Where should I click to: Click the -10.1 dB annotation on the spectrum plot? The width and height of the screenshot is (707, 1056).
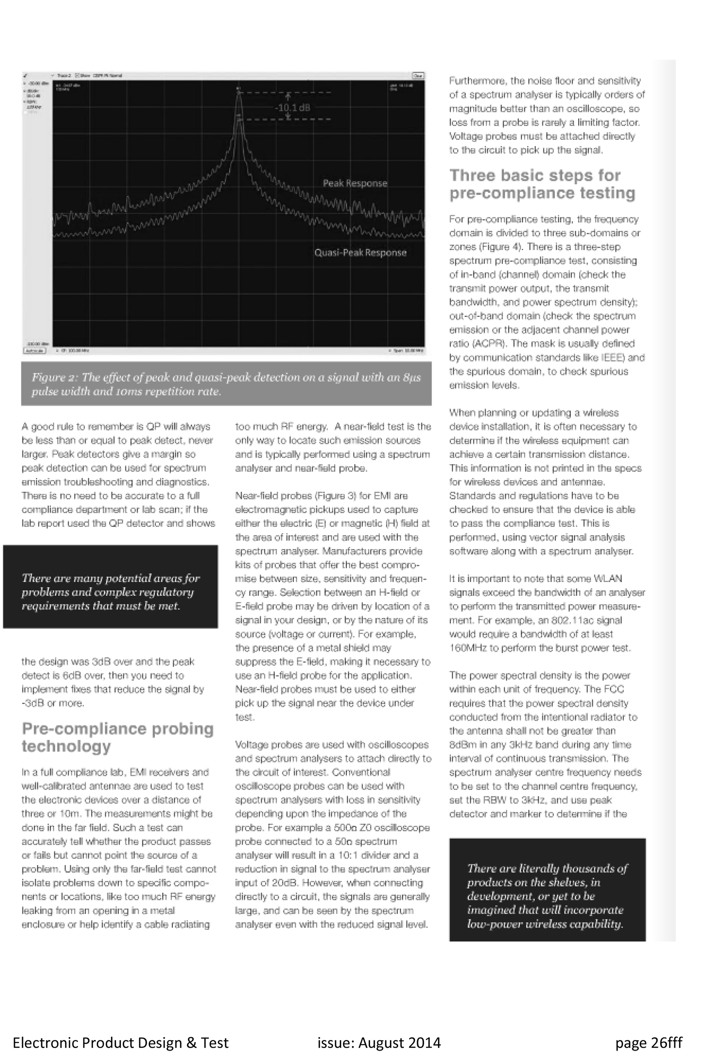coord(292,108)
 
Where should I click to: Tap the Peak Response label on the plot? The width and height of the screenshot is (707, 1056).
coord(355,183)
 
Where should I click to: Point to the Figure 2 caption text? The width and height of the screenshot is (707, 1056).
coord(226,384)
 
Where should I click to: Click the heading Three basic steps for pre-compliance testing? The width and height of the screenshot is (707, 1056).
coord(542,184)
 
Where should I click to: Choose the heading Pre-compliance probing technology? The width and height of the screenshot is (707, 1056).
coord(117,737)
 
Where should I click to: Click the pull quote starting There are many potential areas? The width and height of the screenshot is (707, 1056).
coord(111,592)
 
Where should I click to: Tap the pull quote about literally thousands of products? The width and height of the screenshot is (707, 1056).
coord(547,896)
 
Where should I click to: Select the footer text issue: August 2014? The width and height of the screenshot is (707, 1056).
coord(379,1042)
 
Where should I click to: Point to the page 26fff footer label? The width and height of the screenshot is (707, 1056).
coord(648,1042)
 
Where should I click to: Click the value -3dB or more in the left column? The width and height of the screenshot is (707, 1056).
coord(52,703)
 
